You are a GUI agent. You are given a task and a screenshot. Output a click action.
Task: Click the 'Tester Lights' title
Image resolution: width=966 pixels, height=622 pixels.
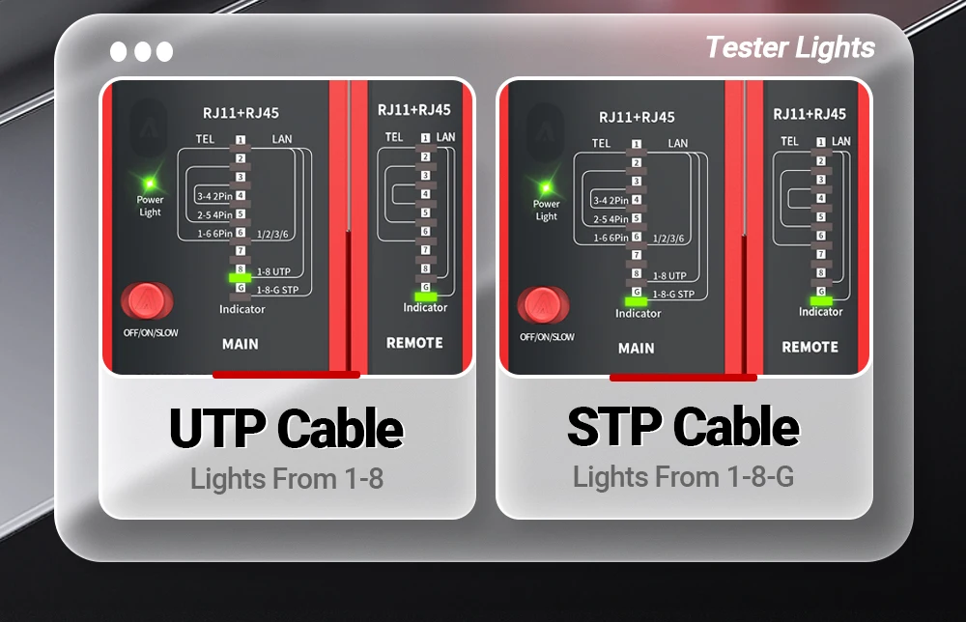pos(790,48)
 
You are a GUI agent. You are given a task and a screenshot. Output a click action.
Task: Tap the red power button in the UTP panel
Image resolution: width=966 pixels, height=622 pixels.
pos(147,300)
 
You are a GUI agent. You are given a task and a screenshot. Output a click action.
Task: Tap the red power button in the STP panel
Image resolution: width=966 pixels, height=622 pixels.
pos(543,305)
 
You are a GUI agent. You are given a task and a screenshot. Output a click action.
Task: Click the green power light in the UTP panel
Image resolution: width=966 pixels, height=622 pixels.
pos(150,184)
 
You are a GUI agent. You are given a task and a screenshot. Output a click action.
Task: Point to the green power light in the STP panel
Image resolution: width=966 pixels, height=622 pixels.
pos(546,187)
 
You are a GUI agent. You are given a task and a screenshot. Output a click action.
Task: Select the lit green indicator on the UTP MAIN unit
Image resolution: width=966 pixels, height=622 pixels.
pos(240,278)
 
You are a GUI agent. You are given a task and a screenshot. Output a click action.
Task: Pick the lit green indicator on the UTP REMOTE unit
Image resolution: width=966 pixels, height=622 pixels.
pos(426,297)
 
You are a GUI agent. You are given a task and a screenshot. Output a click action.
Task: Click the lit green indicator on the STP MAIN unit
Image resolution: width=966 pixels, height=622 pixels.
pos(636,301)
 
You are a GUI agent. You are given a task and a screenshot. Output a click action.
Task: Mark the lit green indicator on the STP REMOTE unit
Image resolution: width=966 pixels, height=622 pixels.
pos(821,300)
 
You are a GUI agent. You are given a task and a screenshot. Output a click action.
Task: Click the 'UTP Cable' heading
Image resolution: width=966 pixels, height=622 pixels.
pos(287,429)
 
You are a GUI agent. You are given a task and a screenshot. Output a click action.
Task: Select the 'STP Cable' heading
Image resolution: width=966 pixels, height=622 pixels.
pos(683,426)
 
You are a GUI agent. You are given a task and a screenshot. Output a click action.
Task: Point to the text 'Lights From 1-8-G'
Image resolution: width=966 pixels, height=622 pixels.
pos(683,477)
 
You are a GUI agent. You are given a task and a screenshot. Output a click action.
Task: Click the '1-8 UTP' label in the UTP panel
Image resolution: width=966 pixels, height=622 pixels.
pos(273,271)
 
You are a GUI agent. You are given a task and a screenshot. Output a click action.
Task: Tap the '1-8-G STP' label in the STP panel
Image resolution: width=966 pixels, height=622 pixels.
pos(673,295)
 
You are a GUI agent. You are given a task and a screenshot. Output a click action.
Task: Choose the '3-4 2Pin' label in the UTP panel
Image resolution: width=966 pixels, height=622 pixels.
pos(214,196)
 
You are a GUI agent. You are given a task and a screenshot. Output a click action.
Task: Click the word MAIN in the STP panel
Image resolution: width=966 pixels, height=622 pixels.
pos(637,349)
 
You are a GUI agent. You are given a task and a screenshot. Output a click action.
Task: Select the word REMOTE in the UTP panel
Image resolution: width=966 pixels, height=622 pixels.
pos(414,343)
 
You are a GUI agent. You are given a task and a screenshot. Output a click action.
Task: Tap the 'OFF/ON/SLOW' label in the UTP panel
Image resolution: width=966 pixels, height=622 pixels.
pos(151,333)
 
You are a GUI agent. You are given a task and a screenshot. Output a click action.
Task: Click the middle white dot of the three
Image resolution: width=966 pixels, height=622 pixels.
pos(142,52)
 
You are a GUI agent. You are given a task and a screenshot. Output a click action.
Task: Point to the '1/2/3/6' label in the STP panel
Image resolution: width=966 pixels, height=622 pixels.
pos(668,239)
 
